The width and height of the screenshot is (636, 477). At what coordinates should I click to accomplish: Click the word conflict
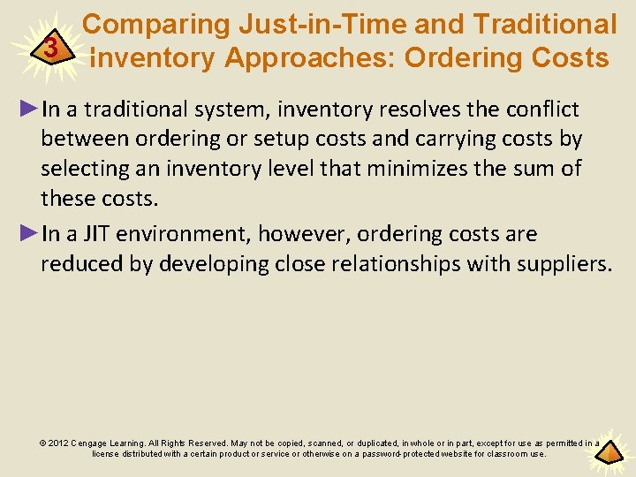[x=542, y=110]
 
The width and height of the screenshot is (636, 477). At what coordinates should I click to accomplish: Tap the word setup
[x=273, y=140]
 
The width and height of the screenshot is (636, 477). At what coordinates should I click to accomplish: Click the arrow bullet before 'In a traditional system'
[x=28, y=110]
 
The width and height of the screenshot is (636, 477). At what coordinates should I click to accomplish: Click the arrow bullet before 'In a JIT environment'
[x=28, y=234]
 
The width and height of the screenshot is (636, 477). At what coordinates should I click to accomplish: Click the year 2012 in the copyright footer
[x=57, y=443]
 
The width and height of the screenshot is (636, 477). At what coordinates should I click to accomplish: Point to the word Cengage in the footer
[x=92, y=443]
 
